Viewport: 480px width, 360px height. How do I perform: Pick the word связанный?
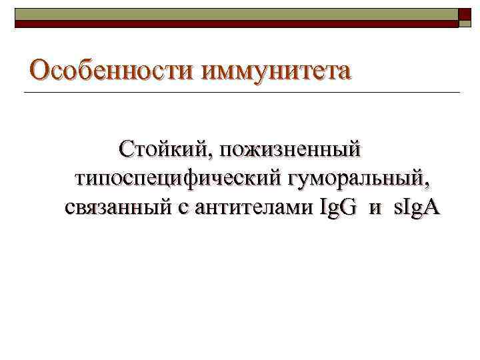121,208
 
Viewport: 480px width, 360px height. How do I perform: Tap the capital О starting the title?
41,69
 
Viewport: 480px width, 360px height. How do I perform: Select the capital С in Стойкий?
126,148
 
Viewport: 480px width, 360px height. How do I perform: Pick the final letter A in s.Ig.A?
432,208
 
